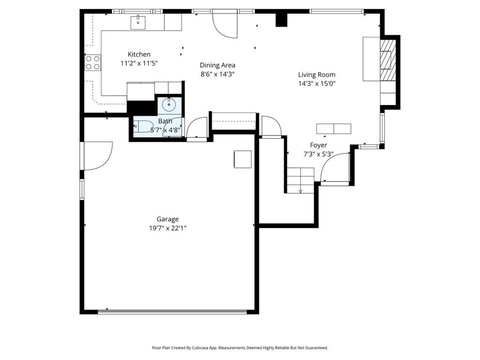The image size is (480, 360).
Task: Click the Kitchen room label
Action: pos(139,54)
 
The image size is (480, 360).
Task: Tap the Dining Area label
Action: pos(217,65)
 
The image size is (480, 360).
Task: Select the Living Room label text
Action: pos(317,75)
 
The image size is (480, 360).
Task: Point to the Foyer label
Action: pos(318,145)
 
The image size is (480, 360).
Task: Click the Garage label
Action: pos(167,219)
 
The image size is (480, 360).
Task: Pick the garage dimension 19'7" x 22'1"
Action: pos(168,228)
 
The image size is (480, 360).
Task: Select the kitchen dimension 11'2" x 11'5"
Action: pos(139,63)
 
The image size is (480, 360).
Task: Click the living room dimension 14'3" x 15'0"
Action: pos(317,83)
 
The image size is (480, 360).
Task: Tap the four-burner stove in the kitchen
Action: pos(93,62)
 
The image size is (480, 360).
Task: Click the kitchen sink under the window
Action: pos(138,22)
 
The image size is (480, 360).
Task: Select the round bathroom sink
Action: pos(169,105)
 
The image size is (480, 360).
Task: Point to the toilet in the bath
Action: pos(143,126)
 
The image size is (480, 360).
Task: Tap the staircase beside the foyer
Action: pos(300,180)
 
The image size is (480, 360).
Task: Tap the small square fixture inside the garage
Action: pos(243,159)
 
